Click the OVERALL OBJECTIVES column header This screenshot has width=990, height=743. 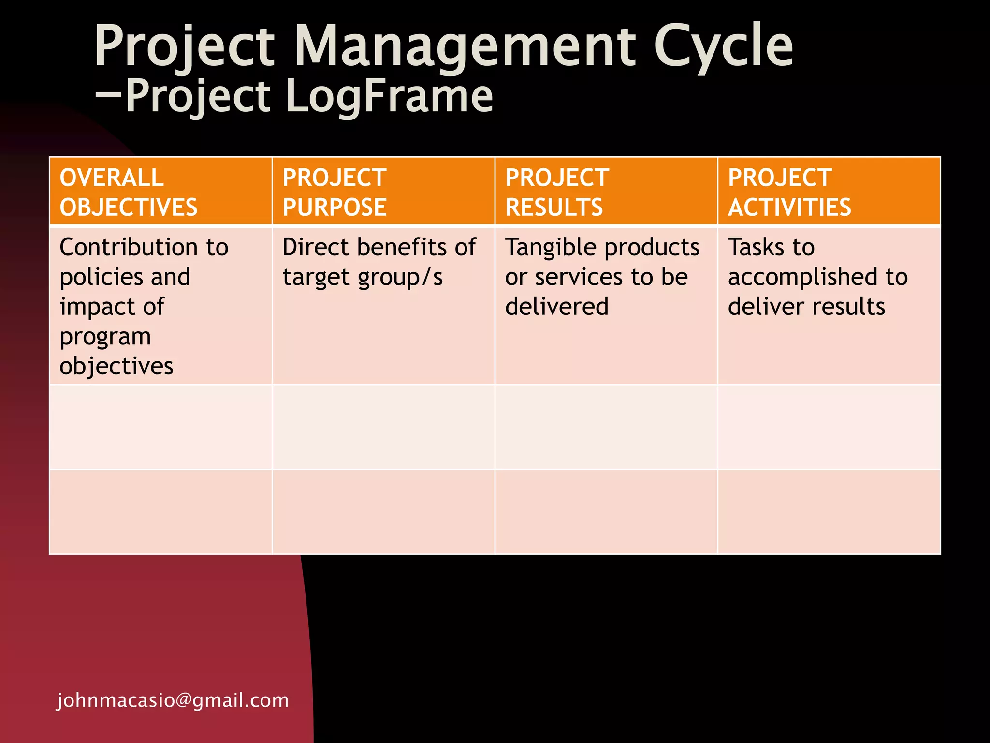tap(129, 192)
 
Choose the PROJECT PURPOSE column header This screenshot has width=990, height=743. tap(335, 192)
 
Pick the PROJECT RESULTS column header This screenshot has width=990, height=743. tap(557, 192)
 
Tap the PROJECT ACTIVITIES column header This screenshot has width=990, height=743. tap(789, 192)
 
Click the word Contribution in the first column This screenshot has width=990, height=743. tap(128, 247)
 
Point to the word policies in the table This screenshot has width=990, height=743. tap(101, 277)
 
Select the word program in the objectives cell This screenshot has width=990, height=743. tap(105, 337)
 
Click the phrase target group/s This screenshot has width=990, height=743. tap(363, 278)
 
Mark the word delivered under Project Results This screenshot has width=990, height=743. tap(556, 307)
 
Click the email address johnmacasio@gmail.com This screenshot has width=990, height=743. tap(173, 700)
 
